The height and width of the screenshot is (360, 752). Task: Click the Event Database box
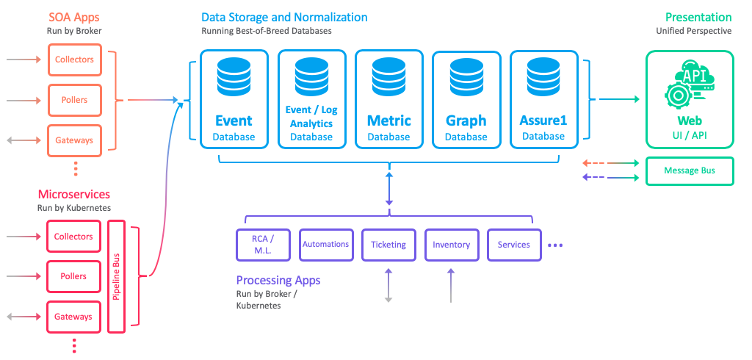[x=234, y=98]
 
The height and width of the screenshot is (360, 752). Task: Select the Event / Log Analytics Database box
[x=311, y=98]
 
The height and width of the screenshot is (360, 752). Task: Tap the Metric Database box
[x=388, y=98]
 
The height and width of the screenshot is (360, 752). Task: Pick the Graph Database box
[x=466, y=98]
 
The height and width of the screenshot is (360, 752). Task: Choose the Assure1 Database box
[x=543, y=98]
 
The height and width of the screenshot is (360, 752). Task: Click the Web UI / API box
[x=689, y=98]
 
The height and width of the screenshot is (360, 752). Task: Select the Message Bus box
[x=689, y=171]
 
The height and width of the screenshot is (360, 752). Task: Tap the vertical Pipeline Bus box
[x=117, y=276]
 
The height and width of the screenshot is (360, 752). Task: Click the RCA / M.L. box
[x=262, y=245]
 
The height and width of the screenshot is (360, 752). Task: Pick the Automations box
[x=325, y=245]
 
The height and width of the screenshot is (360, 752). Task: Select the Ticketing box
[x=388, y=245]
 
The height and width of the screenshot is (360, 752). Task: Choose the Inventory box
[x=451, y=245]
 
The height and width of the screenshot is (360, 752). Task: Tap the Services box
[x=513, y=245]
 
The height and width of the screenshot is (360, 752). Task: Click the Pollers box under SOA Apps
[x=74, y=100]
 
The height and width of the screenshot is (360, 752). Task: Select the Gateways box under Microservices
[x=73, y=317]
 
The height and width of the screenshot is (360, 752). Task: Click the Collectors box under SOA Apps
[x=74, y=60]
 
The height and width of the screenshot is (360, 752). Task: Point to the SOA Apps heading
[x=74, y=17]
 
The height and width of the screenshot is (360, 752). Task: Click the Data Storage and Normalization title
[x=284, y=17]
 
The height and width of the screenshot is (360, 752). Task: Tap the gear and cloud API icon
[x=689, y=83]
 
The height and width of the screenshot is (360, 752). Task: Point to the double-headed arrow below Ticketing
[x=388, y=285]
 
